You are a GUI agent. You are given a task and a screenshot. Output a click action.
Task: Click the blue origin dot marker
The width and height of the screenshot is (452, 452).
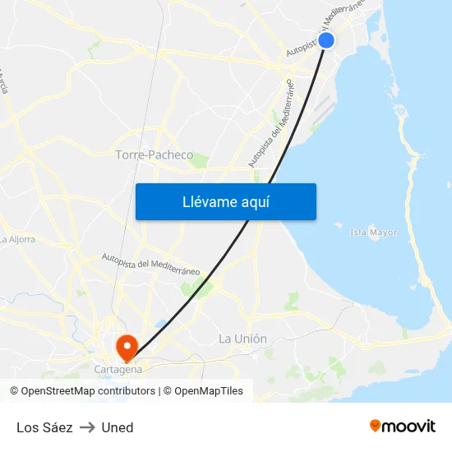coord(326,40)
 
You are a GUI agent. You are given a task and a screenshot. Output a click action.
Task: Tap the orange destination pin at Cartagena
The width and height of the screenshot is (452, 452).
coord(127,347)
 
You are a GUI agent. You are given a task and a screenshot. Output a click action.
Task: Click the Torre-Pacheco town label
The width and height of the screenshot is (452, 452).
coord(155,155)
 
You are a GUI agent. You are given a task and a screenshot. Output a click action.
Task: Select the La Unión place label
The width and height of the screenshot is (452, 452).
coord(242,339)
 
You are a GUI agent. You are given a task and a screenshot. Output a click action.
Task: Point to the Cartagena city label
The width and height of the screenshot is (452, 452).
coord(118,370)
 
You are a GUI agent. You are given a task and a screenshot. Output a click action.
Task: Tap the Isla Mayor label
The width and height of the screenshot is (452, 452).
coord(373,233)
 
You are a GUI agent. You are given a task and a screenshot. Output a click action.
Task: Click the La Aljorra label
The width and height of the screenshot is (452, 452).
coord(16,240)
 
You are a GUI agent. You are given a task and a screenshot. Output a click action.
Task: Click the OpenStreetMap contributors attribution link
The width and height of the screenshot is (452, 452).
coord(88,391)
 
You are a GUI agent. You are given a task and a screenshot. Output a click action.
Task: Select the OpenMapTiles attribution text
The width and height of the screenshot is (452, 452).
coord(209,391)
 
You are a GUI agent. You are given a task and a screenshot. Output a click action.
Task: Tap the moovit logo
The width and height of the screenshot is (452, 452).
coord(403,427)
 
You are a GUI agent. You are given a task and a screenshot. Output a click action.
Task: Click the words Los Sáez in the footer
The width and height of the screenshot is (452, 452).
coord(44,427)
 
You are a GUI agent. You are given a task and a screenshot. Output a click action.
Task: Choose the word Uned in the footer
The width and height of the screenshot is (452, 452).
coord(118,427)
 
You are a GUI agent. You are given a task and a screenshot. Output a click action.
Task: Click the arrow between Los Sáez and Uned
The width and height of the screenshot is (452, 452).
coord(87,427)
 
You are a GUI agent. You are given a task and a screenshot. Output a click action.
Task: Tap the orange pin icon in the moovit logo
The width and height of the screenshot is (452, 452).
coord(376,426)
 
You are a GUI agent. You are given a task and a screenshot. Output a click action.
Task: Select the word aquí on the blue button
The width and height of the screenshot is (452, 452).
coord(256,202)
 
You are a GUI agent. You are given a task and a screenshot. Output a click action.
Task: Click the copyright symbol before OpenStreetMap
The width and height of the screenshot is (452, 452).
coord(15,391)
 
